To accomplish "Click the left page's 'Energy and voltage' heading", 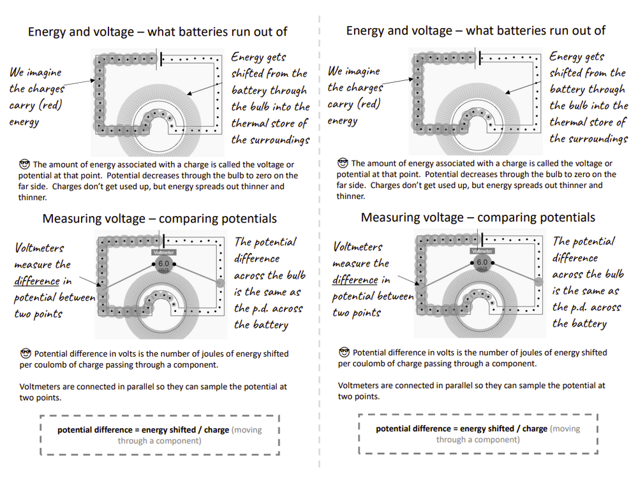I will pyautogui.click(x=158, y=31).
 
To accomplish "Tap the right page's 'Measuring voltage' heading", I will pyautogui.click(x=478, y=217).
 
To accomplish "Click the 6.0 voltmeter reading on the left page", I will pyautogui.click(x=163, y=263).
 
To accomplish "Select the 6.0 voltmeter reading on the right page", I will pyautogui.click(x=482, y=262).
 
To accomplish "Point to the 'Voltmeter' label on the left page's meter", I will pyautogui.click(x=163, y=252).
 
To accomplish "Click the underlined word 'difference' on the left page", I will pyautogui.click(x=37, y=281).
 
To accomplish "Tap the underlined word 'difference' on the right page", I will pyautogui.click(x=355, y=280).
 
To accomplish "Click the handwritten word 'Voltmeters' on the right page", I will pyautogui.click(x=358, y=247).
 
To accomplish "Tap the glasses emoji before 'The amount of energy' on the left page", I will pyautogui.click(x=26, y=164).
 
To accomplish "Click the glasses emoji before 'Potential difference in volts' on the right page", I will pyautogui.click(x=344, y=352).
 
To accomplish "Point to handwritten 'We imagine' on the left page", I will pyautogui.click(x=35, y=73).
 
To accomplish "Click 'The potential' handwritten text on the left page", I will pyautogui.click(x=265, y=243).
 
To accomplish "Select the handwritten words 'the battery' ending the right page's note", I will pyautogui.click(x=579, y=324).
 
